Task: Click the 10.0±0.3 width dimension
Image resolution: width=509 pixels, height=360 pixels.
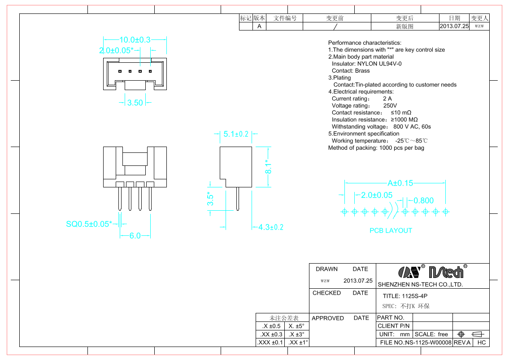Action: [135, 39]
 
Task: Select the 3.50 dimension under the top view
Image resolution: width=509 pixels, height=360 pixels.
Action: [135, 103]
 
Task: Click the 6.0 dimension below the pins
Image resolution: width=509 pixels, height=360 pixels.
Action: [135, 236]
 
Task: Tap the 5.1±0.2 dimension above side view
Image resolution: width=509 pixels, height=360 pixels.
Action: [236, 134]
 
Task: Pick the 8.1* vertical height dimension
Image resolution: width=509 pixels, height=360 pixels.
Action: [268, 166]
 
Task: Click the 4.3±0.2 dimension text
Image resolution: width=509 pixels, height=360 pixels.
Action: [271, 227]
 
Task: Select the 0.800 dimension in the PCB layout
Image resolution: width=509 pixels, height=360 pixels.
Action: [423, 200]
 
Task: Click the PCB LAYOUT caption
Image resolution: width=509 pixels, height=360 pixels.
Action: [391, 230]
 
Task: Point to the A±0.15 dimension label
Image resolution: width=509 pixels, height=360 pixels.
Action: [400, 183]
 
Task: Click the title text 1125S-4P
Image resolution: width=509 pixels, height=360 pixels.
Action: [414, 296]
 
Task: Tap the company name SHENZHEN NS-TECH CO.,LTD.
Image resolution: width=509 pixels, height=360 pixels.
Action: [420, 284]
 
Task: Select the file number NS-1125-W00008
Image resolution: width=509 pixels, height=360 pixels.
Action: [428, 343]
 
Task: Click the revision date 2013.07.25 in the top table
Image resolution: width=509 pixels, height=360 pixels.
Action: [454, 26]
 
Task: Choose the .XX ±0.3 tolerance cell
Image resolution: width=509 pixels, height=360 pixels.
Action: [271, 334]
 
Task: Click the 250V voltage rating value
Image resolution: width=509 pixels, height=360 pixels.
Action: [390, 105]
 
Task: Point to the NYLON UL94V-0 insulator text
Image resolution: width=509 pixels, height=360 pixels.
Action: [379, 64]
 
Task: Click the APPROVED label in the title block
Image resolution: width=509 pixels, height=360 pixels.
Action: [327, 318]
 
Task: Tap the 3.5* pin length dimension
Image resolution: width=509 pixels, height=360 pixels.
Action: [210, 198]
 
